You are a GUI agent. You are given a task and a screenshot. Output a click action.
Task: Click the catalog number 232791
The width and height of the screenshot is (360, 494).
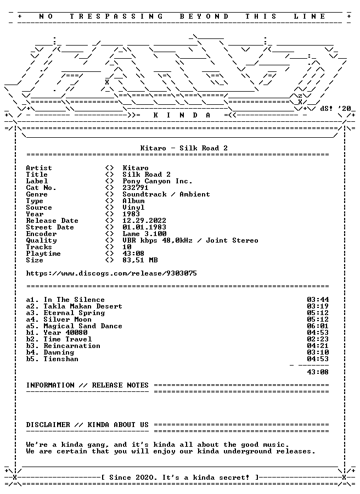135,188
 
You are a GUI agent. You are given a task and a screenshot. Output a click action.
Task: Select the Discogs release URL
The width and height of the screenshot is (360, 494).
111,273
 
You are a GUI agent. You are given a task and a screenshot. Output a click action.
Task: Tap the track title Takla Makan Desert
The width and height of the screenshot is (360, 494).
83,306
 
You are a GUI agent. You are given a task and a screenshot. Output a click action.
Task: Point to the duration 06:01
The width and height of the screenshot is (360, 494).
318,326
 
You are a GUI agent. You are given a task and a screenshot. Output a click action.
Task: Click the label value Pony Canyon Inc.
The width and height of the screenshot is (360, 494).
157,182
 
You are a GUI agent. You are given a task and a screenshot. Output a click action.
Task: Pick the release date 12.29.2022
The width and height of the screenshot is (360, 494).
144,221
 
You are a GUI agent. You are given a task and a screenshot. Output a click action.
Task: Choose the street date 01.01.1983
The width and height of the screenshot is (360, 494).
144,227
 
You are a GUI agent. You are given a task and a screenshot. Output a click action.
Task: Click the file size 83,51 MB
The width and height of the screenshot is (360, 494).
140,261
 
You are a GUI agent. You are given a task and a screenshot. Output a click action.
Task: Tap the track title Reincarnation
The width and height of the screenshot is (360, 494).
72,346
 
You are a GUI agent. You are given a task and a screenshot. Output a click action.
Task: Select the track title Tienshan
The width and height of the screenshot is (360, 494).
61,359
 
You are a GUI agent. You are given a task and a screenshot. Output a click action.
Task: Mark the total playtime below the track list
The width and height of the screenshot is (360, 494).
318,372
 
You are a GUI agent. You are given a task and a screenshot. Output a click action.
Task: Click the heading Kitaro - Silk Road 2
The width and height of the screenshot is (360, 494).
184,148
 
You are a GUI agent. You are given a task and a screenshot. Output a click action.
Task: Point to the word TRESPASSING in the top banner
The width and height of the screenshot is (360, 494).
116,16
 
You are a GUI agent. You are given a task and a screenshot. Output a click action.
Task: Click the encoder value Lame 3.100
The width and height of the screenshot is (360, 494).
144,234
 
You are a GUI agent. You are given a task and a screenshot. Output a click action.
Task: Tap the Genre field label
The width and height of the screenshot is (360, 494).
37,195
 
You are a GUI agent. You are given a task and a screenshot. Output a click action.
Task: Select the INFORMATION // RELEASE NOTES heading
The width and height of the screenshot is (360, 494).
87,386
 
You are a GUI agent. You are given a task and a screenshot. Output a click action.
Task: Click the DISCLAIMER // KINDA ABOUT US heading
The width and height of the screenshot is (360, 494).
87,425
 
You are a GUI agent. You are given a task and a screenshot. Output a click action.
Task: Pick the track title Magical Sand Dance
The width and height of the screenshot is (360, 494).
83,327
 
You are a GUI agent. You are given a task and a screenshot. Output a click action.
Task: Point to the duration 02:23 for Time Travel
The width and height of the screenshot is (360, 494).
318,339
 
